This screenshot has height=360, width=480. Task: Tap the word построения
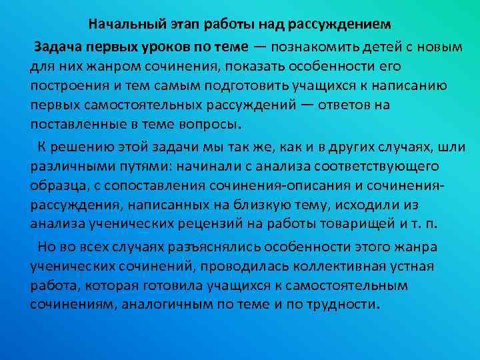pyautogui.click(x=65, y=87)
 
